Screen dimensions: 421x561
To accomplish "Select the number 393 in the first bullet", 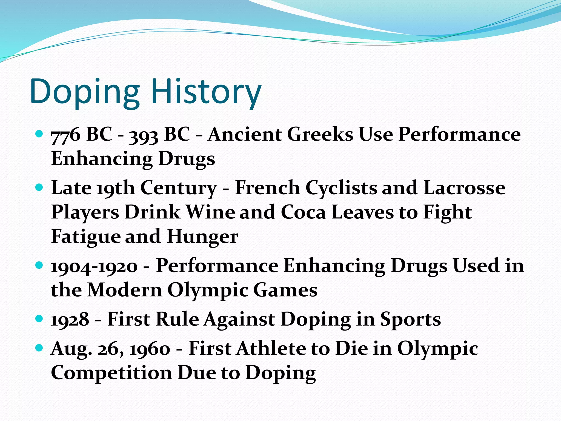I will click(144, 135).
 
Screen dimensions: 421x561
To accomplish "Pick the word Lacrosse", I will click(464, 188).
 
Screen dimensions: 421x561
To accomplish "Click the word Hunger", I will click(202, 236).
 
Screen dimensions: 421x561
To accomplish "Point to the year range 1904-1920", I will click(94, 266).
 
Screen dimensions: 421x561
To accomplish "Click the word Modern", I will click(125, 290).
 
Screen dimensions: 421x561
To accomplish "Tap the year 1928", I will click(70, 320).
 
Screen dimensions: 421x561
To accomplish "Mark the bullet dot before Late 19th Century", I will click(39, 187).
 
